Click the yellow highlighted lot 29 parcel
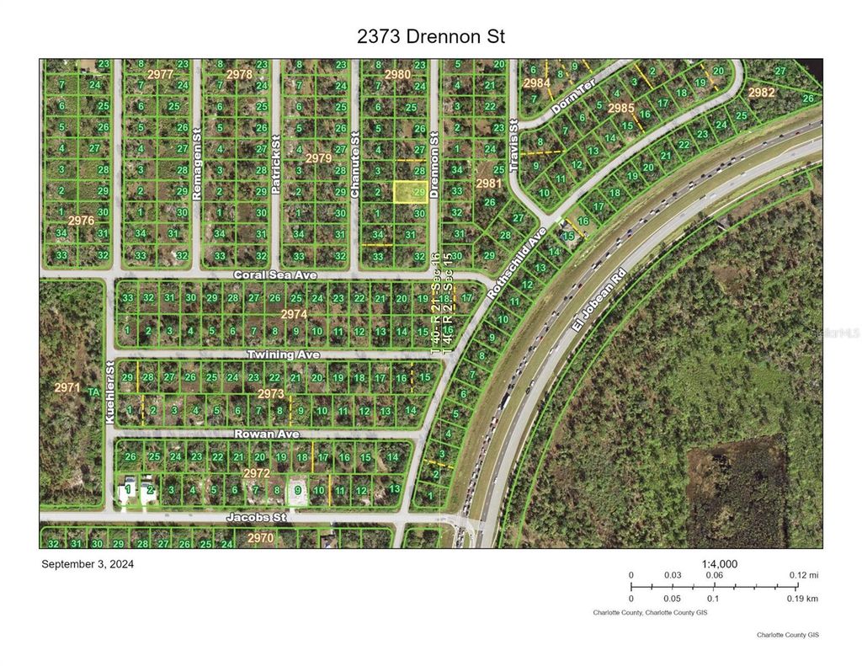pyautogui.click(x=410, y=193)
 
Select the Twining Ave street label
pyautogui.click(x=284, y=354)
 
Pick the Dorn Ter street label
pyautogui.click(x=574, y=99)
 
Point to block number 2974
pyautogui.click(x=294, y=314)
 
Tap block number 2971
pyautogui.click(x=67, y=387)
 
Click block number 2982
pyautogui.click(x=760, y=93)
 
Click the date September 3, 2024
pyautogui.click(x=88, y=564)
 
